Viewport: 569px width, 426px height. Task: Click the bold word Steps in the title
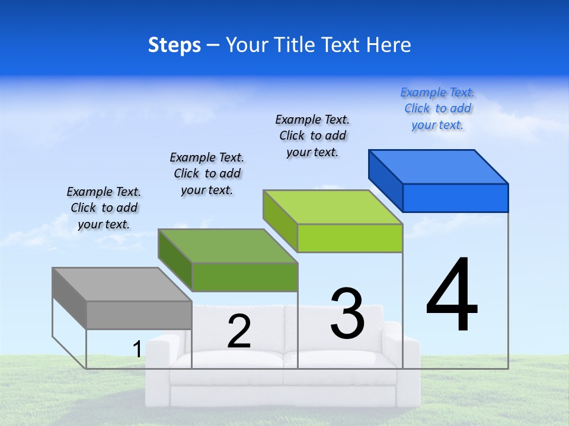coord(174,45)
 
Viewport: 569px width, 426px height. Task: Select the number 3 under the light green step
coord(347,314)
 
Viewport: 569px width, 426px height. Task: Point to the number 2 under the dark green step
coord(239,332)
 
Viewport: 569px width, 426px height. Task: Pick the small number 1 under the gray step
coord(137,350)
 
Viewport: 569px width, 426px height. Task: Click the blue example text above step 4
coord(437,109)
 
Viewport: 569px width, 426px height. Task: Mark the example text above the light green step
coord(312,135)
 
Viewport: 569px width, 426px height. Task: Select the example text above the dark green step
coord(207,173)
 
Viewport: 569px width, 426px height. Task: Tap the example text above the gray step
coord(104,208)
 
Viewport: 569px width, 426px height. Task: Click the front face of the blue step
coord(455,198)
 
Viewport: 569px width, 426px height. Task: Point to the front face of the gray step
coord(139,315)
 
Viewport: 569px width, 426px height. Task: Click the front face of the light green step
coord(350,238)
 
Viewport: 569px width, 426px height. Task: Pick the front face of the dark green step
coord(244,277)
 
